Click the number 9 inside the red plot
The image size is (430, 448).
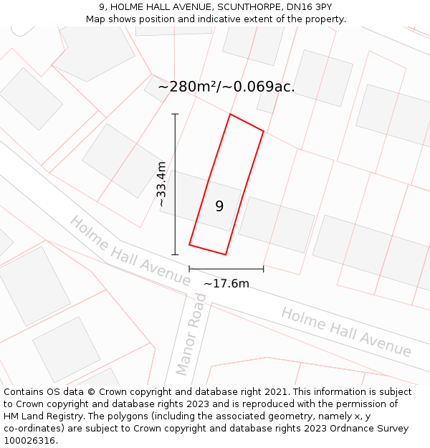pyautogui.click(x=219, y=206)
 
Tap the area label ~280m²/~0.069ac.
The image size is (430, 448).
pyautogui.click(x=226, y=87)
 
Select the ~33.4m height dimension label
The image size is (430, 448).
pyautogui.click(x=162, y=184)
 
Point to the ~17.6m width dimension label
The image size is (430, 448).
pyautogui.click(x=226, y=284)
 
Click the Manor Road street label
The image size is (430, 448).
pyautogui.click(x=191, y=339)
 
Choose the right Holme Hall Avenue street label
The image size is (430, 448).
pyautogui.click(x=346, y=332)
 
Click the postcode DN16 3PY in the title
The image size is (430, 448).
pyautogui.click(x=306, y=7)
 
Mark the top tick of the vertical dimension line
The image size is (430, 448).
pyautogui.click(x=175, y=114)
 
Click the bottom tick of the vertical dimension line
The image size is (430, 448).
pyautogui.click(x=175, y=254)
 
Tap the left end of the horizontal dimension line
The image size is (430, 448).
pyautogui.click(x=189, y=269)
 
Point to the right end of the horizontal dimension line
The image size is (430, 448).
pyautogui.click(x=264, y=269)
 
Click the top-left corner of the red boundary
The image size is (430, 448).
pyautogui.click(x=229, y=114)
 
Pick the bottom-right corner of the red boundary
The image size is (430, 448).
pyautogui.click(x=226, y=254)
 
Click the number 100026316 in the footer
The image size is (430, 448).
pyautogui.click(x=30, y=441)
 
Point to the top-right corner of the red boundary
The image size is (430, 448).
pyautogui.click(x=264, y=131)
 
